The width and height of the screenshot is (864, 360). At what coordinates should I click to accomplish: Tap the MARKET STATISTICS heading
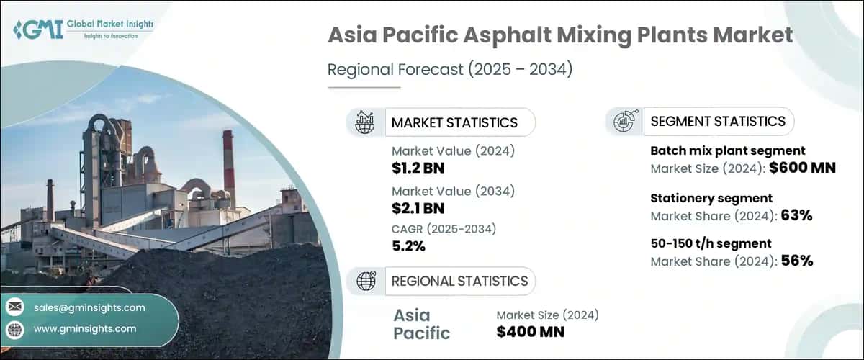454,122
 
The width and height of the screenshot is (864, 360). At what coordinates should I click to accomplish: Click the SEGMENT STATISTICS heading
717,121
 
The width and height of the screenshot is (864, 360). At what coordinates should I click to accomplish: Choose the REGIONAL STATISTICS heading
459,281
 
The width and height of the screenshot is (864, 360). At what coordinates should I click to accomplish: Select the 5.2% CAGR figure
408,246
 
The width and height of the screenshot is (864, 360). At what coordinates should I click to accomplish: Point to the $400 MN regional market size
531,331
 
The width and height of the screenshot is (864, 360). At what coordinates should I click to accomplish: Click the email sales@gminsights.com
89,307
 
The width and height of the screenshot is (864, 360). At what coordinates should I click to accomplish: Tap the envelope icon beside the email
15,307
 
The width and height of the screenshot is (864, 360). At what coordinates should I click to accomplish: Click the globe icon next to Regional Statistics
365,281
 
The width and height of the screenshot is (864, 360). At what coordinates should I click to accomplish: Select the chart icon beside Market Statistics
365,122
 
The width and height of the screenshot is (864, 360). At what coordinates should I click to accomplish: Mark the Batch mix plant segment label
727,150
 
